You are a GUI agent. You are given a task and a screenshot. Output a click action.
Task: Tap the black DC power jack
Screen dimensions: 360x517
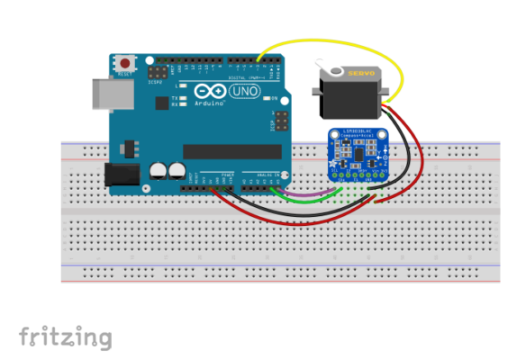point(122,175)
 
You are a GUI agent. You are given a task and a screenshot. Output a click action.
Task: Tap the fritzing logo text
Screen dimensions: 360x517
point(66,338)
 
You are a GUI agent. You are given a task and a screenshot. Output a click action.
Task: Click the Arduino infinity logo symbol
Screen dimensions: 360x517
point(209,92)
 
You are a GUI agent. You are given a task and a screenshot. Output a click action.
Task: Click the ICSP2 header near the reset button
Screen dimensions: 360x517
point(159,70)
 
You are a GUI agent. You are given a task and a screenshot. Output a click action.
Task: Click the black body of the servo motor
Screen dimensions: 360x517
point(347,94)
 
